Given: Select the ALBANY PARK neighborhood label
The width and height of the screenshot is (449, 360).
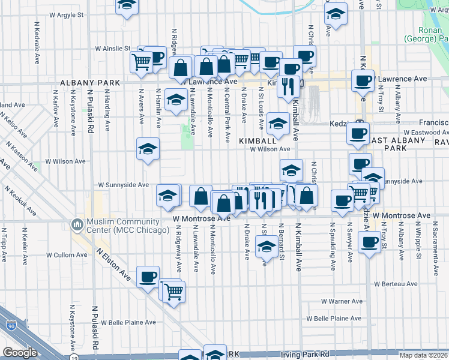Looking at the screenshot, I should [83, 82].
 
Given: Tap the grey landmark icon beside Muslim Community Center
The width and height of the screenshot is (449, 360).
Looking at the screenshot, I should [77, 224].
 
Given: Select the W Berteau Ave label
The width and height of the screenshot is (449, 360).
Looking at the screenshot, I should [395, 283].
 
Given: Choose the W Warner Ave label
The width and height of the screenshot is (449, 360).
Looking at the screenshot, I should [341, 301].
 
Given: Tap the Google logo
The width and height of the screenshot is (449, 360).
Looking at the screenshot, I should [19, 353].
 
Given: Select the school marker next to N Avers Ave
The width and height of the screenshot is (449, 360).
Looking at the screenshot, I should [148, 149].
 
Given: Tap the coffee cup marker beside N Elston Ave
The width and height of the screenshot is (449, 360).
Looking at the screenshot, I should [148, 277].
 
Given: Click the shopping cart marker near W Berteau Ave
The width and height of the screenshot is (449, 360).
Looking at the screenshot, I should [173, 292].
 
